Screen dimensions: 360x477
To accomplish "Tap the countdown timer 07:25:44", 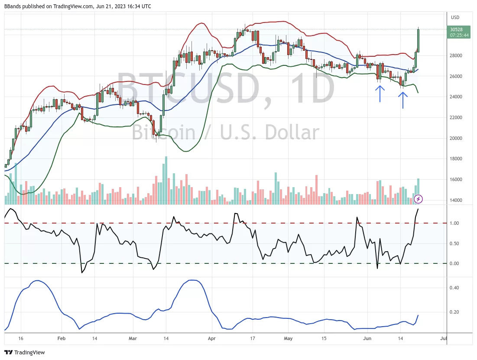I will tap(459, 35).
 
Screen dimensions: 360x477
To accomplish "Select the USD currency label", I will tap(455, 18).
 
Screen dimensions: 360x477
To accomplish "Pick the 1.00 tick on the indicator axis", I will tap(454, 223).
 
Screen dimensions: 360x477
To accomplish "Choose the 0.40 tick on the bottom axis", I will tap(454, 288).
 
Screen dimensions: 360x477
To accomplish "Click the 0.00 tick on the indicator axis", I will tap(454, 263).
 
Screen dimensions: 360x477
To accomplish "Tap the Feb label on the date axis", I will tap(61, 338).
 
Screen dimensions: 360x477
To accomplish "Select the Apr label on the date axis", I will tap(211, 338).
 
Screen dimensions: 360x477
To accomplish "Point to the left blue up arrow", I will tap(380, 94).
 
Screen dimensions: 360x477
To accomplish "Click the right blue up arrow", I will tap(403, 100).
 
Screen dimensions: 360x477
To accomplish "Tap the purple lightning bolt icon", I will tap(418, 199).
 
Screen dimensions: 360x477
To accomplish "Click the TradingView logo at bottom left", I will tap(25, 353).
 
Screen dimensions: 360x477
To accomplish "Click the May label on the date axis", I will tap(288, 338).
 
